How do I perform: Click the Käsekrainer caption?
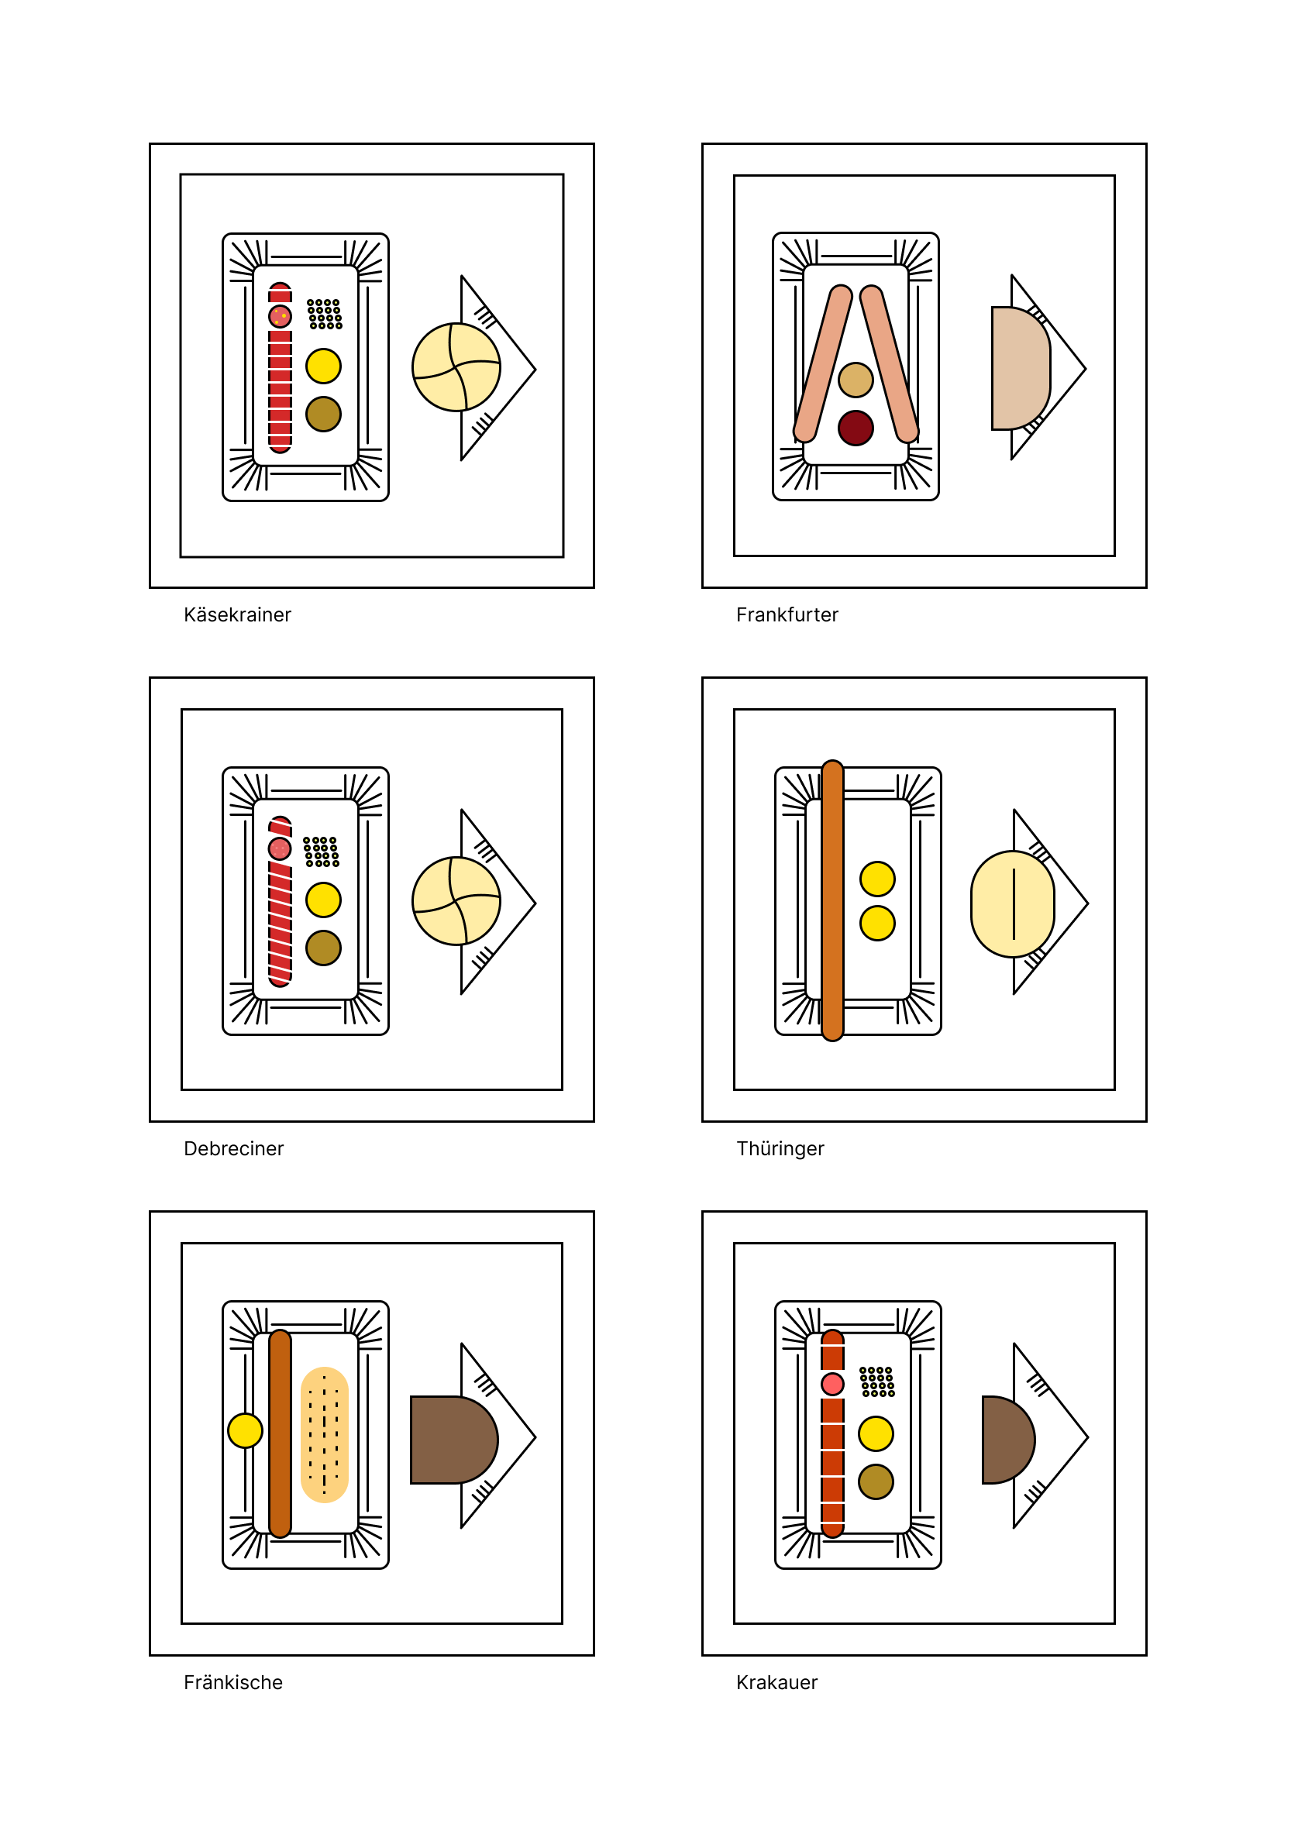tap(237, 615)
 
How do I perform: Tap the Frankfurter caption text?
tap(787, 615)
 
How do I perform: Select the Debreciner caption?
tap(233, 1149)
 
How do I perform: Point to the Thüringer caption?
tap(780, 1149)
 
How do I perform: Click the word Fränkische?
tap(233, 1683)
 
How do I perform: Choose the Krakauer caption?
tap(777, 1683)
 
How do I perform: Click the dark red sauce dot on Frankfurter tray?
tap(856, 428)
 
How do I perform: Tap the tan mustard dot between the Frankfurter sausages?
tap(856, 380)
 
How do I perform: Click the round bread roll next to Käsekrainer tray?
tap(456, 367)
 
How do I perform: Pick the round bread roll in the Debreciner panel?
tap(456, 901)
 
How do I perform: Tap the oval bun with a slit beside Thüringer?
tap(1013, 903)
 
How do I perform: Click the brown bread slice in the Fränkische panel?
tap(454, 1440)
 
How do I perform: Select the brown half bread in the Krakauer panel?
tap(1007, 1440)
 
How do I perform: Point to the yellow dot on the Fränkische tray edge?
tap(246, 1431)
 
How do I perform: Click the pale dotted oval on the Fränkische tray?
tap(325, 1435)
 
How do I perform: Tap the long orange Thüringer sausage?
tap(833, 900)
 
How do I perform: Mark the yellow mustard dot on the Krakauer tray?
tap(876, 1433)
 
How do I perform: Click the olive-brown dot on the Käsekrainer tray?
tap(323, 414)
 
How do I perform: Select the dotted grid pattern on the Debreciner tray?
tap(322, 852)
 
